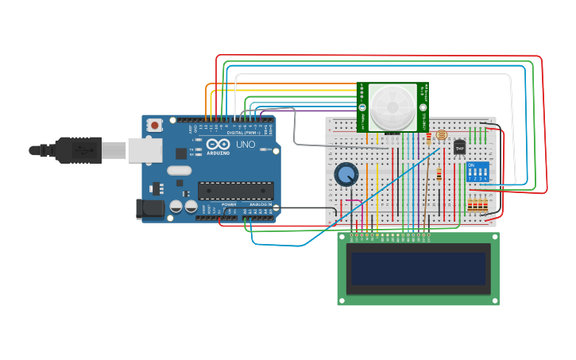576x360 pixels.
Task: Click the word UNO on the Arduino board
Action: [240, 149]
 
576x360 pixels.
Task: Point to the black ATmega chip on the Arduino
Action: [236, 190]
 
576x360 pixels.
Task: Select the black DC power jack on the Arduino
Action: [150, 209]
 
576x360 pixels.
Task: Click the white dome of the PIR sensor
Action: [392, 106]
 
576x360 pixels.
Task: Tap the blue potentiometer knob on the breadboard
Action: [346, 174]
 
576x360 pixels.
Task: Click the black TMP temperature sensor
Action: [459, 147]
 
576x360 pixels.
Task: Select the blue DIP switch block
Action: [478, 172]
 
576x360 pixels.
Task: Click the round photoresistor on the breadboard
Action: [442, 135]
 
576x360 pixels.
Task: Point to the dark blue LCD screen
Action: [419, 269]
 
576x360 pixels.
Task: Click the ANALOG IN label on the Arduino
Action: [259, 205]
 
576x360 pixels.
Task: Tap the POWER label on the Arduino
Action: [229, 205]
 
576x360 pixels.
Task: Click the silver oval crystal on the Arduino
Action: [180, 170]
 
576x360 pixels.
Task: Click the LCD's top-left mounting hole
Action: [344, 237]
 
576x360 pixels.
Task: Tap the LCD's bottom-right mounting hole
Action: [494, 300]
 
